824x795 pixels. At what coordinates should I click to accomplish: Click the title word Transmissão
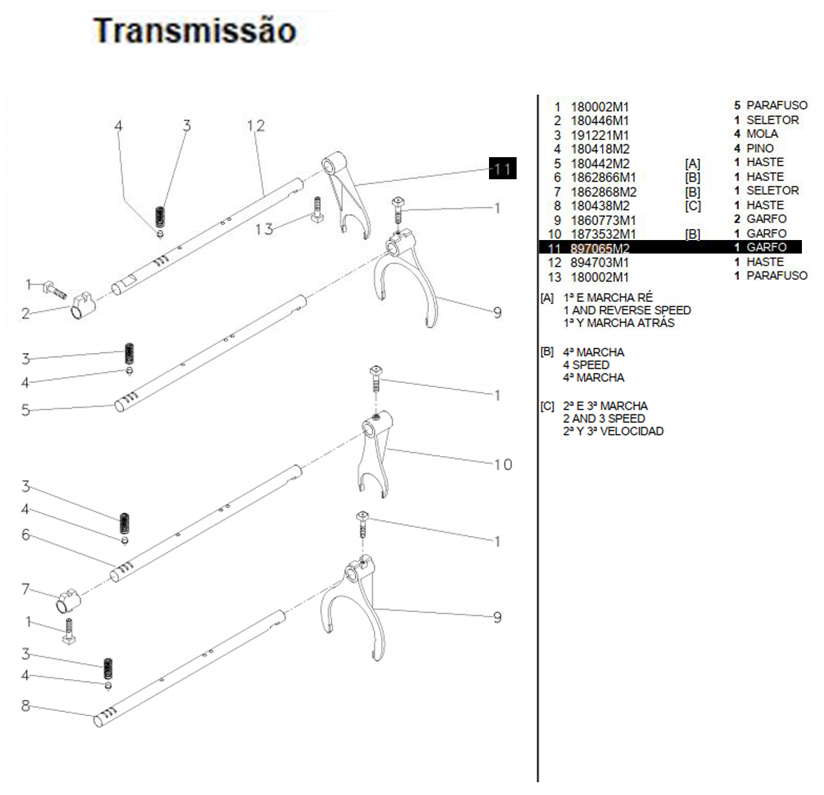(x=194, y=31)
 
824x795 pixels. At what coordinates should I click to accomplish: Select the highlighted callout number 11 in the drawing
(x=502, y=169)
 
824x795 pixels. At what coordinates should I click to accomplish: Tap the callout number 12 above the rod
(x=256, y=126)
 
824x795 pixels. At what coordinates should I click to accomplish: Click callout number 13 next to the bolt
(x=264, y=229)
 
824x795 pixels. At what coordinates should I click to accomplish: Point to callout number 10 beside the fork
(x=503, y=465)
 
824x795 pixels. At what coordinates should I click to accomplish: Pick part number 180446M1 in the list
(x=599, y=121)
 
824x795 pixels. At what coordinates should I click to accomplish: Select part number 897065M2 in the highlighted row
(x=599, y=249)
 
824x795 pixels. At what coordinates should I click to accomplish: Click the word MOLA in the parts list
(x=762, y=134)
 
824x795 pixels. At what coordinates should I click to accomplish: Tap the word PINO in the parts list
(x=760, y=148)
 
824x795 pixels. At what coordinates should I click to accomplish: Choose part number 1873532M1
(x=603, y=234)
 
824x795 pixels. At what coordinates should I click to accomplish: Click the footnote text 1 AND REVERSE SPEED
(x=627, y=311)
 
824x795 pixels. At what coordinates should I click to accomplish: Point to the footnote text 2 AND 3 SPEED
(x=604, y=419)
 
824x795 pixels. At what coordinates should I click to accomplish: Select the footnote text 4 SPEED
(x=586, y=365)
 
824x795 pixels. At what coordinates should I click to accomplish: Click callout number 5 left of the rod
(x=25, y=409)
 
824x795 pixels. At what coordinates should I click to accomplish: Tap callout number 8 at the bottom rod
(x=25, y=706)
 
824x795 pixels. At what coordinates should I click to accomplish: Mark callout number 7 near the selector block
(x=25, y=589)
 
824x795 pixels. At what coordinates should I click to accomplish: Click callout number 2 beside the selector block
(x=25, y=314)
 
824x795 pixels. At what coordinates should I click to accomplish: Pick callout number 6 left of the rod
(x=25, y=535)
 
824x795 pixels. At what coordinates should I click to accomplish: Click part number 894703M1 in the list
(x=599, y=263)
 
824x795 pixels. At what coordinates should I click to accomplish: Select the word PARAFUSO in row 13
(x=776, y=276)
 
